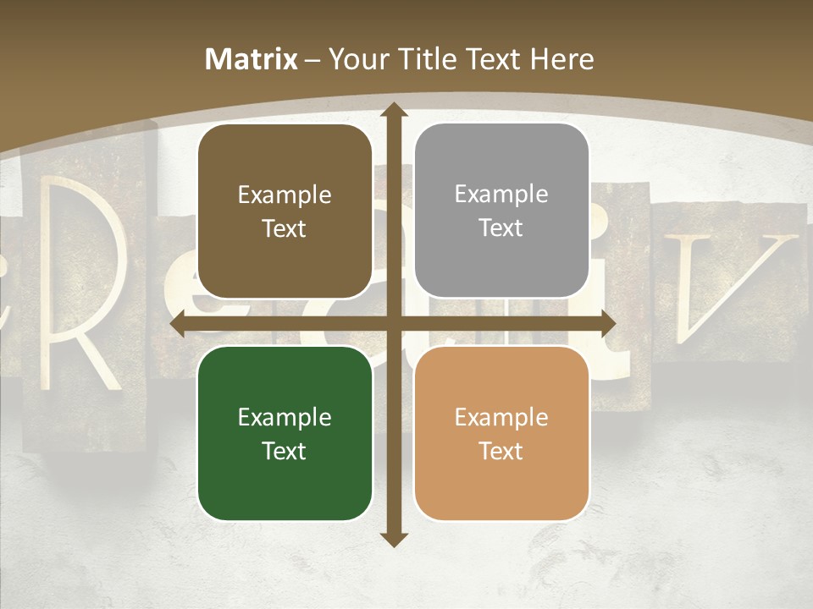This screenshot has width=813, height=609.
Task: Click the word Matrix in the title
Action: tap(252, 59)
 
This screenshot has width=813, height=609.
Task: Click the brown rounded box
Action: tap(285, 211)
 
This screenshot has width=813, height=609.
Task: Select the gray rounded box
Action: tap(501, 211)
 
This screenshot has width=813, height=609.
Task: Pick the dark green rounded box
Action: tap(285, 433)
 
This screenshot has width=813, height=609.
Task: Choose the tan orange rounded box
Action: tap(501, 433)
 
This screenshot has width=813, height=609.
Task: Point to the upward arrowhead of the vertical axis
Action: tap(393, 111)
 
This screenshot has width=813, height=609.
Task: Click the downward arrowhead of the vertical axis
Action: tap(393, 538)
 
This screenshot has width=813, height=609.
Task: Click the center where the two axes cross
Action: tap(393, 324)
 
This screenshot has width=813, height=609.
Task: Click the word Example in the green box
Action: tap(285, 417)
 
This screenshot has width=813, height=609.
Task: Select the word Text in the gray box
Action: tap(501, 228)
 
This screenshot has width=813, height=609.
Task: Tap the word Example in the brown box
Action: tap(285, 195)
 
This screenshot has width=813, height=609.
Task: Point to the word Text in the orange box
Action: tap(501, 451)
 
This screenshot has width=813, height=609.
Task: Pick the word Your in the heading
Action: tap(356, 59)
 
